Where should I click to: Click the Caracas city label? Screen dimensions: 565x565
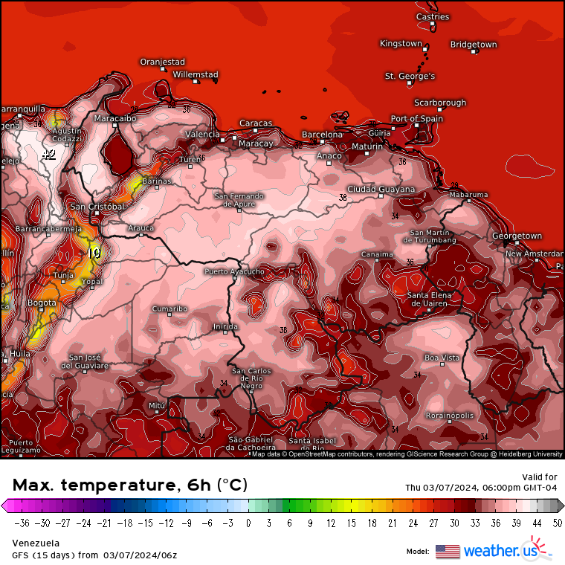tap(256, 123)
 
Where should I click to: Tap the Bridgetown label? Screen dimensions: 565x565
tap(474, 45)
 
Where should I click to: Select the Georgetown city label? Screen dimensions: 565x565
tap(517, 236)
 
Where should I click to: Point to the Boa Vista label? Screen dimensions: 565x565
tap(442, 358)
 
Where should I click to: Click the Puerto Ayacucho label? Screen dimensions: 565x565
tap(234, 272)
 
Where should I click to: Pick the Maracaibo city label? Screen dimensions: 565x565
tap(115, 118)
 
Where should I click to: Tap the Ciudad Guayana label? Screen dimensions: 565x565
tap(381, 190)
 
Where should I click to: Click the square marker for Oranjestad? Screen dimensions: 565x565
tap(163, 69)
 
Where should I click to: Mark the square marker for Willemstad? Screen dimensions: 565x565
tap(196, 82)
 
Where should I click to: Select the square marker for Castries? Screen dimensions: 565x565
tap(432, 24)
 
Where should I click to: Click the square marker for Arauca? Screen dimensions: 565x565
tap(141, 235)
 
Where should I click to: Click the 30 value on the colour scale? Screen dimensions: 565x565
tap(453, 523)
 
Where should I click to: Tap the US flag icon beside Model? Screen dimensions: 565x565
tap(447, 551)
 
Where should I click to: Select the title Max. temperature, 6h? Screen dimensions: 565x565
tap(130, 485)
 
